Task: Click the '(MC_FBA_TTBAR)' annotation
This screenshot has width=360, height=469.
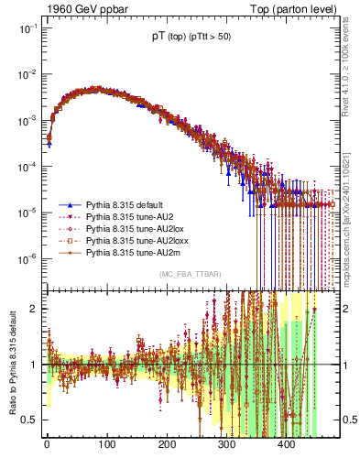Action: point(190,274)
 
